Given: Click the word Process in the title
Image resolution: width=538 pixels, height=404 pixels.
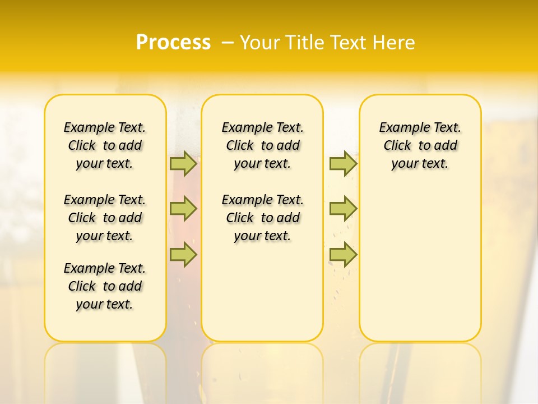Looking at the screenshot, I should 173,43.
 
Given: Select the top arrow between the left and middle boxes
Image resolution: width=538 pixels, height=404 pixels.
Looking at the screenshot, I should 183,164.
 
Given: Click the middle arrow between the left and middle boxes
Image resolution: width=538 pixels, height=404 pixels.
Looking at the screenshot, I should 183,209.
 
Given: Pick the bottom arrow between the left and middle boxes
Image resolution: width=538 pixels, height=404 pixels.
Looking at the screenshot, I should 183,255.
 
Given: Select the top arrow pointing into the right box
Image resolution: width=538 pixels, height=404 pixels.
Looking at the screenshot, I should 343,164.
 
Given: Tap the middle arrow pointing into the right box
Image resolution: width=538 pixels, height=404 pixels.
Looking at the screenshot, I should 343,209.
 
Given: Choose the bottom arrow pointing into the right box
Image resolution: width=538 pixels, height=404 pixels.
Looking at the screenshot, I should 343,255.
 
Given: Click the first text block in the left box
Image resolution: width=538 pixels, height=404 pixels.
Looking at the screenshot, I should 105,145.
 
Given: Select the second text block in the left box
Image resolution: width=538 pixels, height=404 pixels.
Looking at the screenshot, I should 105,218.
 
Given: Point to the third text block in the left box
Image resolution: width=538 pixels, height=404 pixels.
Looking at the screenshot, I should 105,286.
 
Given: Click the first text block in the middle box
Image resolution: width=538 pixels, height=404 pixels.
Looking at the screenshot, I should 262,145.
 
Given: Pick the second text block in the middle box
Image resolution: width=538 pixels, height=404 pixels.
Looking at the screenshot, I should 262,218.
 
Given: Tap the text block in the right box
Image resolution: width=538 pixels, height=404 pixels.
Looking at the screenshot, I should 420,145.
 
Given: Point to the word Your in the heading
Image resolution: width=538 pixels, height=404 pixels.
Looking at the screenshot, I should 261,43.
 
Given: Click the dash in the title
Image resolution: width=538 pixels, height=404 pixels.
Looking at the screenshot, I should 228,43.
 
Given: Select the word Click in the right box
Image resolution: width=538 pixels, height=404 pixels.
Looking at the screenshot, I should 397,146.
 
